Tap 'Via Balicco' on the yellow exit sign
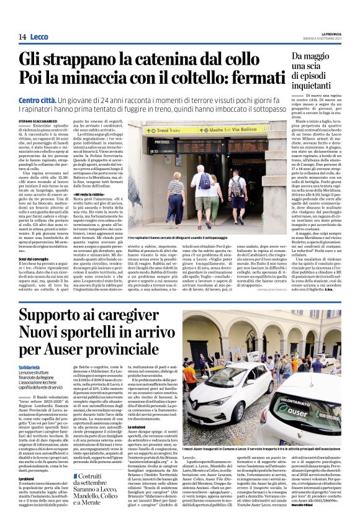[238, 130]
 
